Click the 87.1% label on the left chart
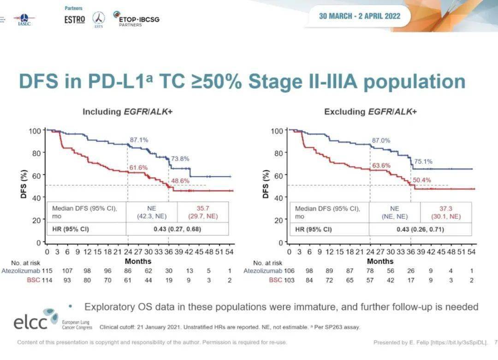tap(139, 139)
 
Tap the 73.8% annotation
tap(180, 159)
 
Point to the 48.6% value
tap(180, 181)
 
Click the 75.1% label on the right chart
tap(423, 162)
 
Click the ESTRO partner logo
tap(75, 20)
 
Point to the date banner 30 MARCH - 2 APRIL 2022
tap(359, 16)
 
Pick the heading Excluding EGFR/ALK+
tap(370, 112)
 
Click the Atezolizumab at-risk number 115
tap(47, 270)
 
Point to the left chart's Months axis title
tap(138, 261)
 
